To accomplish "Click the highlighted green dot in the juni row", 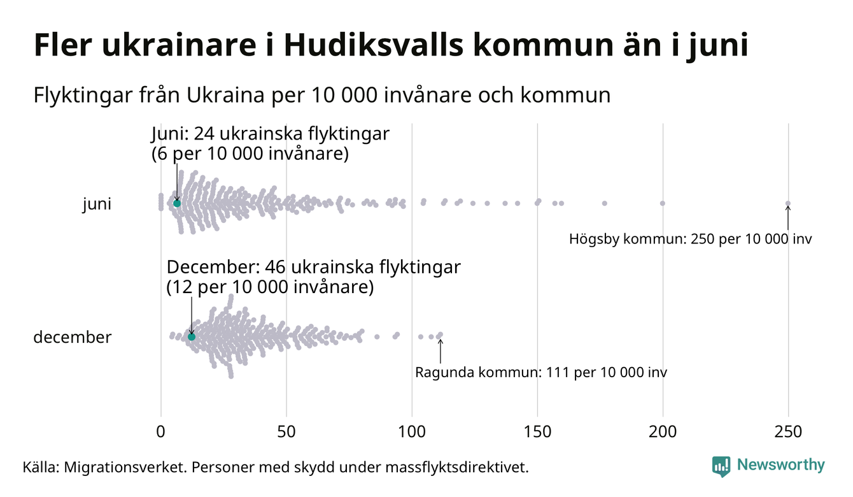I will (x=177, y=203).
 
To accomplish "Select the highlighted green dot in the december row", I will (x=191, y=336).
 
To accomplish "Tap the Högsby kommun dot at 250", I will (x=788, y=204).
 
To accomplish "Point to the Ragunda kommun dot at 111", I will (x=440, y=335).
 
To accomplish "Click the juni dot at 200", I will (x=663, y=203).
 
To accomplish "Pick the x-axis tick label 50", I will (x=286, y=432).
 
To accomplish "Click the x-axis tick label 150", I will (x=538, y=432).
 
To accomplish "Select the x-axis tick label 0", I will (x=161, y=432).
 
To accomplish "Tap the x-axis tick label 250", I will (x=789, y=432).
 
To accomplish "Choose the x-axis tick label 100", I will (x=412, y=432).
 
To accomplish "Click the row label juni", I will (x=97, y=205).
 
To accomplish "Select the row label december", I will (x=72, y=337).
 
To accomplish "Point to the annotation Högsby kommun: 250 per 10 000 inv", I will (x=691, y=240).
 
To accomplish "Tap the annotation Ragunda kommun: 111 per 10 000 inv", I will (x=541, y=372).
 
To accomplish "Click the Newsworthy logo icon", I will (x=721, y=466).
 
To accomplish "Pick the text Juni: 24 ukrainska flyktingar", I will (x=270, y=135).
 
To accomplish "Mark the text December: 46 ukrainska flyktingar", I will (x=313, y=267).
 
